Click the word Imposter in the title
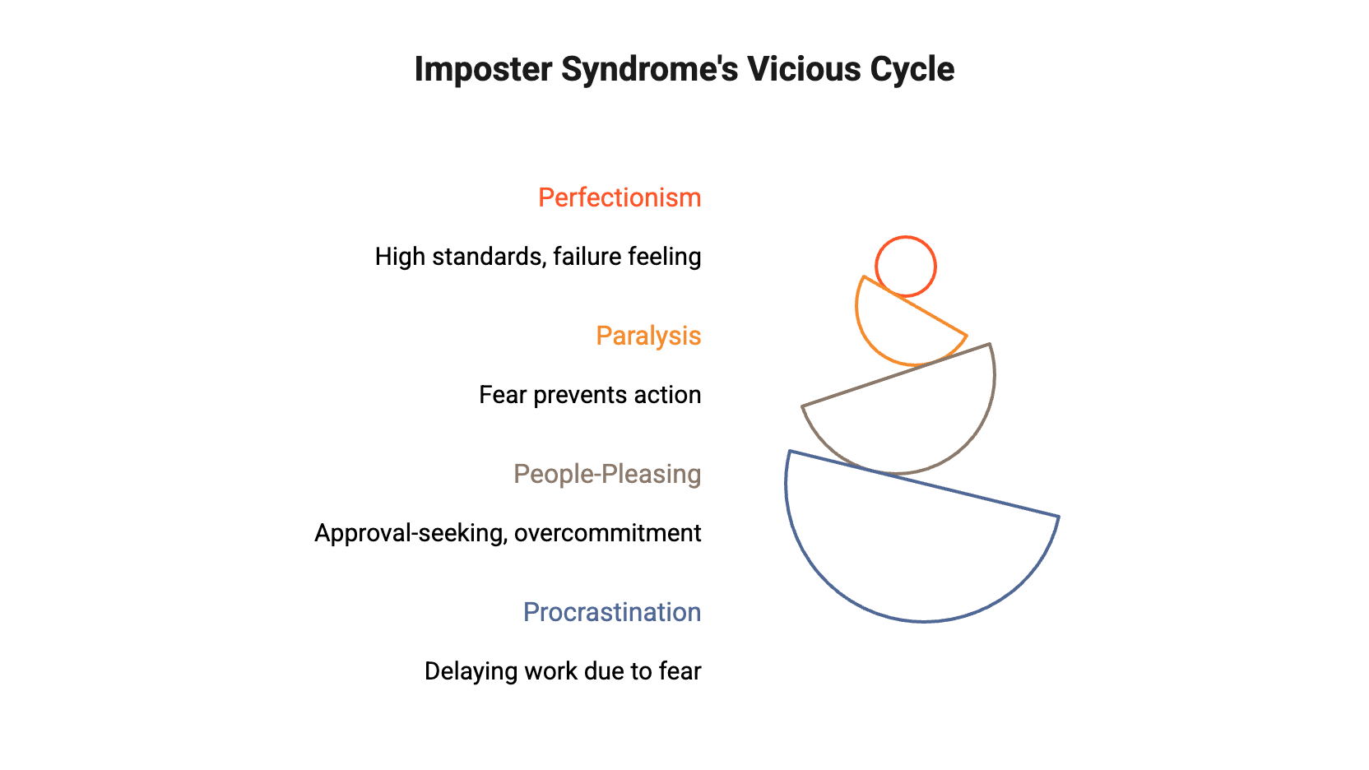(483, 70)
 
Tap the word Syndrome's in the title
(649, 70)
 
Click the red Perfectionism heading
(620, 198)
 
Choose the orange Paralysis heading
(648, 336)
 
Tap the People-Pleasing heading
(607, 475)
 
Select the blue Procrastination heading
(612, 613)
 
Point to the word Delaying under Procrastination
(471, 672)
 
